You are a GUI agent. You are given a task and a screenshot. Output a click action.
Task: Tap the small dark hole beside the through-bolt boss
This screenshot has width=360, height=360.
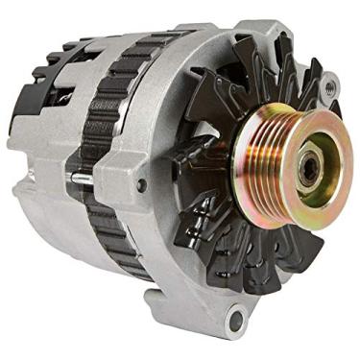click(143, 183)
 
